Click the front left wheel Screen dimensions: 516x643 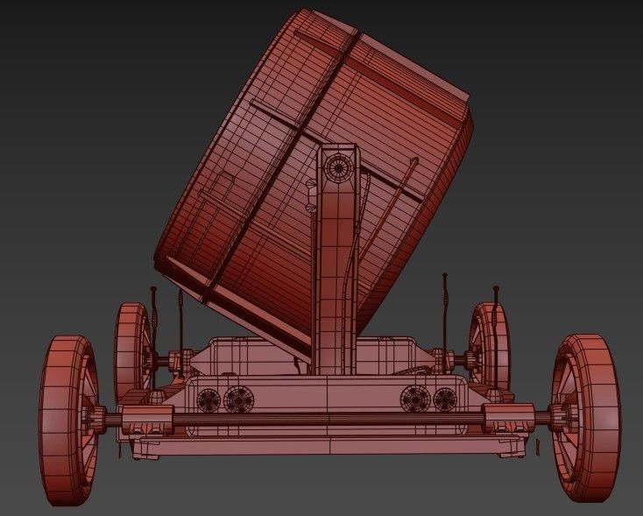click(67, 420)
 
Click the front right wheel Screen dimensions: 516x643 click(586, 418)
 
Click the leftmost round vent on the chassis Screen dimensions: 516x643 click(209, 400)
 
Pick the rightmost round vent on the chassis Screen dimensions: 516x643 click(445, 400)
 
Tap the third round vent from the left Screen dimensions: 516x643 click(416, 400)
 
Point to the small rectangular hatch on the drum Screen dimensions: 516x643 click(223, 185)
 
